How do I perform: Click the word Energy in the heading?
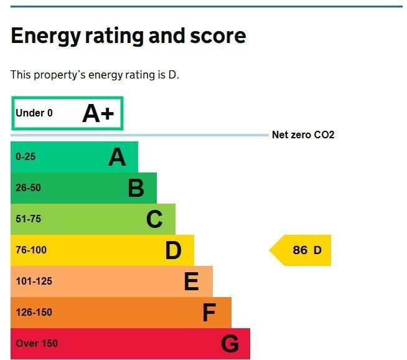tap(45, 36)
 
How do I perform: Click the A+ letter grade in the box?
tap(98, 113)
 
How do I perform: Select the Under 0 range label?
tap(34, 113)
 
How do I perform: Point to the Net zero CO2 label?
tap(303, 135)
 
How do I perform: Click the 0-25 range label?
tap(26, 156)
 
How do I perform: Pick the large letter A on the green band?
tap(117, 157)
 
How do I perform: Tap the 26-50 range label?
tap(28, 188)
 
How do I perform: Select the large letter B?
tap(136, 188)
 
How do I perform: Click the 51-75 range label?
tap(28, 219)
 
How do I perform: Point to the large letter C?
tap(154, 219)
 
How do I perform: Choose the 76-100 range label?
tap(31, 250)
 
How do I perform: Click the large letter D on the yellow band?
tap(174, 250)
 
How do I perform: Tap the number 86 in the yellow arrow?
tap(300, 250)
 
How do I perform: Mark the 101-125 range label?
tap(34, 282)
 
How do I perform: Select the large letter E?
tap(192, 282)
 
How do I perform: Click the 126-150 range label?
tap(34, 313)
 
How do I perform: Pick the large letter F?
tap(209, 313)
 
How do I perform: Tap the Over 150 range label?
tap(37, 344)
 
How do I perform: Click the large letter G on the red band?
tap(230, 344)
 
